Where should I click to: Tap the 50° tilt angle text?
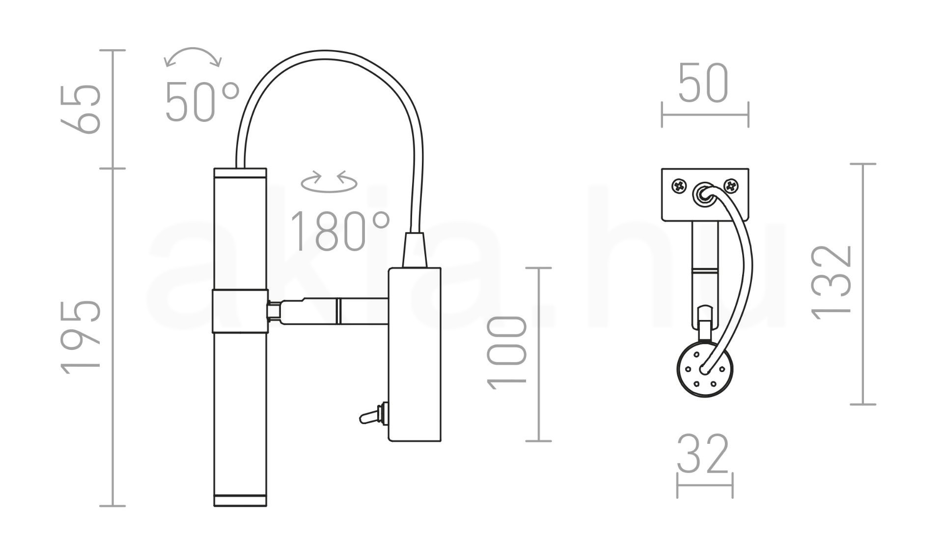(x=202, y=102)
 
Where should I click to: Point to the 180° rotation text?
(x=340, y=231)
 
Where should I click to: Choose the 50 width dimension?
(x=703, y=84)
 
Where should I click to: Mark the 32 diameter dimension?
(x=703, y=454)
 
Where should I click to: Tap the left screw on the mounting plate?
(x=679, y=186)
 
